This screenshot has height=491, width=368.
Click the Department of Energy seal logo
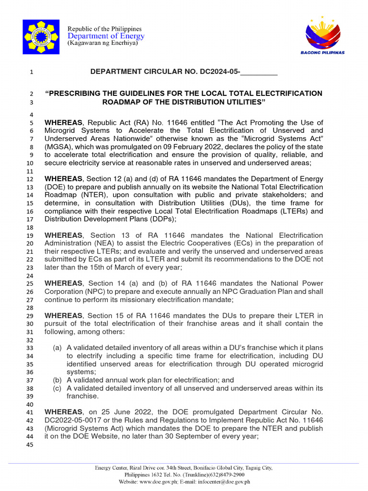coord(41,37)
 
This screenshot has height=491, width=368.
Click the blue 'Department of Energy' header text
coord(106,36)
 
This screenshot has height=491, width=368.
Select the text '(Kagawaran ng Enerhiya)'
coord(103,43)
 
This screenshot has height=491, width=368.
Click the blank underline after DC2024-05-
coord(259,72)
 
